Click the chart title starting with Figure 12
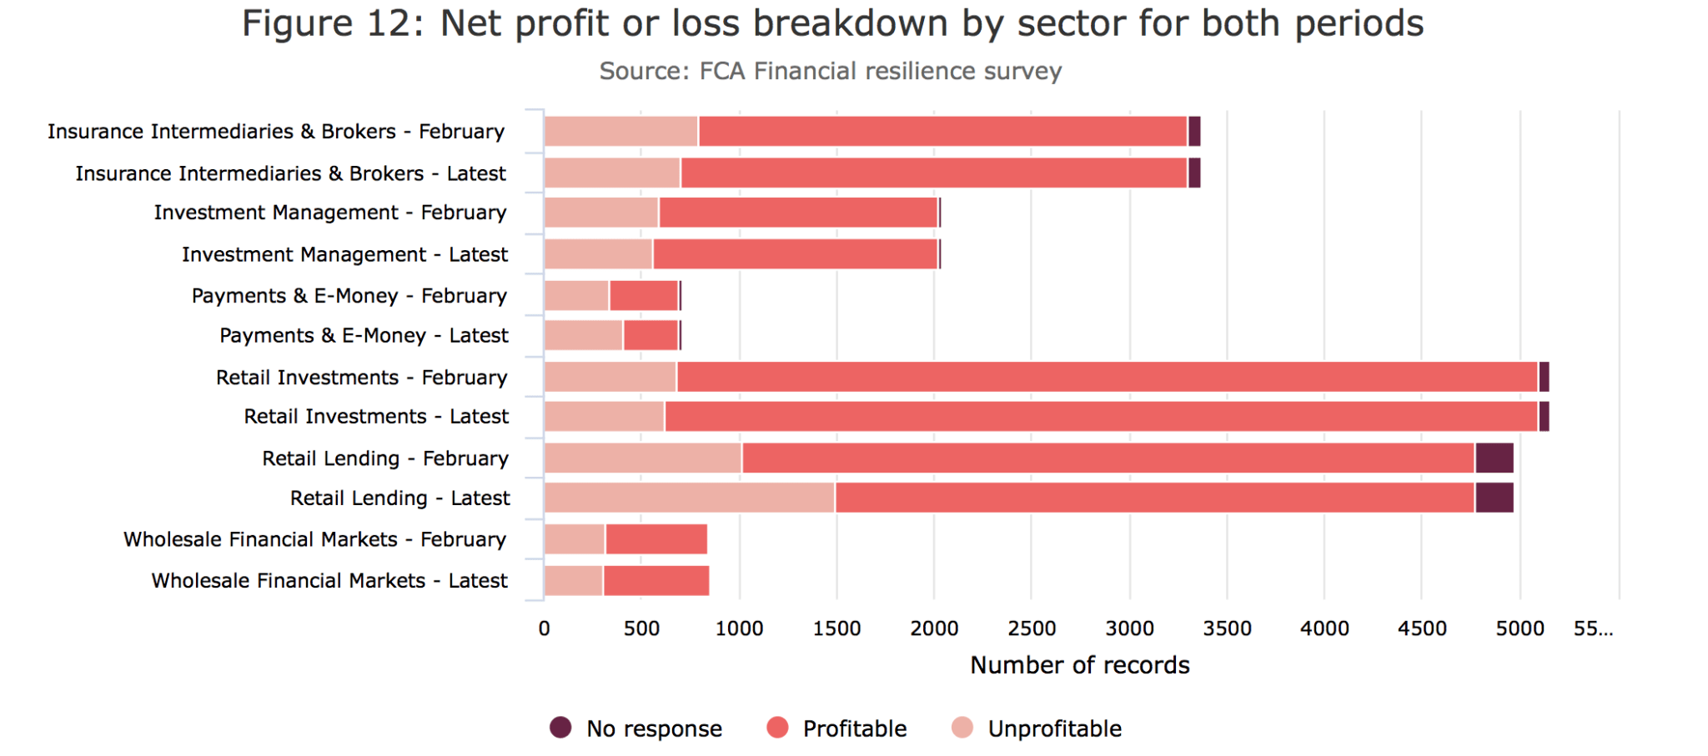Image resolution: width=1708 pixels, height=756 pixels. [x=832, y=23]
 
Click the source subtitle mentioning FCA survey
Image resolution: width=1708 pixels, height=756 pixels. [x=830, y=71]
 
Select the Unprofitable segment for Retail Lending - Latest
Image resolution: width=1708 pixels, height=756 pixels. [x=689, y=498]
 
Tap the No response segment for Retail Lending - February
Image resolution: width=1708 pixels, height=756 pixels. [x=1494, y=458]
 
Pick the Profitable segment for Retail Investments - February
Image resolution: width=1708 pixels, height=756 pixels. [x=1107, y=377]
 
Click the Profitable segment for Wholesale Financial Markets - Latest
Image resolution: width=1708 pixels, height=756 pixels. [x=656, y=580]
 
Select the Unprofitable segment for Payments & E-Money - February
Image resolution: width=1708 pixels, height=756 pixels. [x=576, y=296]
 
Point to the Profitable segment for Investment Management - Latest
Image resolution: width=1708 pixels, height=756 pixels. [x=796, y=254]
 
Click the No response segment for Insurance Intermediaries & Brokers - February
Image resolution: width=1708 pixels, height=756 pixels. [x=1194, y=132]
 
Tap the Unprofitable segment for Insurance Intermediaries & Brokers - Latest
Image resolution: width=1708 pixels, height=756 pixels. [x=612, y=173]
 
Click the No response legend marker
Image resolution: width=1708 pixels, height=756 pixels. [x=560, y=728]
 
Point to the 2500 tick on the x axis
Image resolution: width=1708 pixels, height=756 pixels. [x=1032, y=628]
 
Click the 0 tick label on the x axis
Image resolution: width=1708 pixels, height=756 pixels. [x=545, y=628]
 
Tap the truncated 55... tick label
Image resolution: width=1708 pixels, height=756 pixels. [x=1593, y=628]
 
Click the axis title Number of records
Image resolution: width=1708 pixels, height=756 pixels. [x=1079, y=665]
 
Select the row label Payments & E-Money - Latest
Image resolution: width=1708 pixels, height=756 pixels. [x=364, y=335]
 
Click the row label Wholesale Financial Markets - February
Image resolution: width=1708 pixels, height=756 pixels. [x=315, y=539]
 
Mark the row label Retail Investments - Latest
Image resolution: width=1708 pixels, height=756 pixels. [x=376, y=416]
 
